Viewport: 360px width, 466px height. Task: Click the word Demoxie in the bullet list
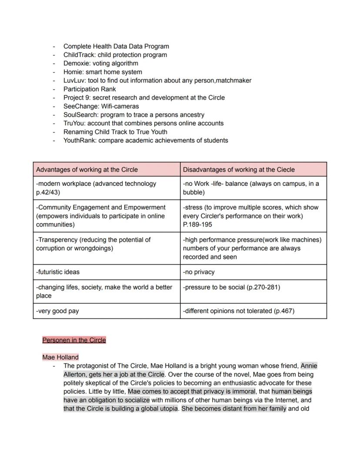pos(76,64)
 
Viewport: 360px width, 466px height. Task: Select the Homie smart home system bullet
pos(102,72)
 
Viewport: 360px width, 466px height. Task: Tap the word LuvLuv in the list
pos(73,80)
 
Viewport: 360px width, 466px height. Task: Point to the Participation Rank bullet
pos(90,89)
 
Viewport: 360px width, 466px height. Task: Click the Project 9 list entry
pos(143,97)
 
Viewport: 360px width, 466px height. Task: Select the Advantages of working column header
pos(87,170)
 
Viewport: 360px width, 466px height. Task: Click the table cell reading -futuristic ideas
pos(58,272)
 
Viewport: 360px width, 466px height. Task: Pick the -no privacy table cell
pos(199,272)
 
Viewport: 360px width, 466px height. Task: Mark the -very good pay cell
pos(57,311)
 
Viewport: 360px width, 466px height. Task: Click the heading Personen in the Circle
pos(74,340)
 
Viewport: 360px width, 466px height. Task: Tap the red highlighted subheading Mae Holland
pos(60,357)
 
